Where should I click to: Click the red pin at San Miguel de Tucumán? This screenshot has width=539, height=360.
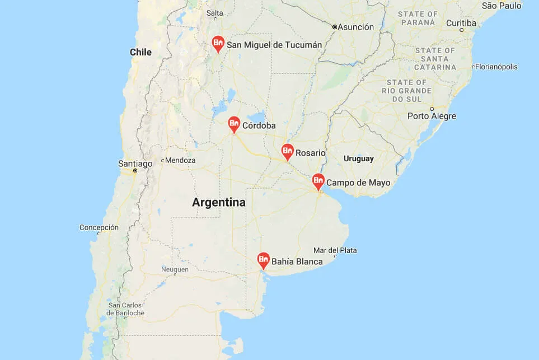coord(218,43)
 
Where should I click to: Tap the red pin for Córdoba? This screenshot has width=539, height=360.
coord(235,124)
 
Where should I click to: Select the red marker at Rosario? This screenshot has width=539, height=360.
coord(287,151)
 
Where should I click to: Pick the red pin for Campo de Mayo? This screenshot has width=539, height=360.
coord(318,181)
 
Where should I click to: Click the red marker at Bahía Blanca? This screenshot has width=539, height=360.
coord(264,260)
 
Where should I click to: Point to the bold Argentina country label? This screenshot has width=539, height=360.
coord(218,203)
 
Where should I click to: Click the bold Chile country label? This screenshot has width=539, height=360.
coord(140,52)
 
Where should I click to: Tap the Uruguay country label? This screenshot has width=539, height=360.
coord(358,158)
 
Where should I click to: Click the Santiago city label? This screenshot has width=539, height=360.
coord(135,163)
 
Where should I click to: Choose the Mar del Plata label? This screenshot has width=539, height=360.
coord(335,250)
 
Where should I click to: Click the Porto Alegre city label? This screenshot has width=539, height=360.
coord(432,116)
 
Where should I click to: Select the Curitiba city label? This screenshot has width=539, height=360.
coord(461,24)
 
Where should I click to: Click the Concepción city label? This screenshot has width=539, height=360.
coord(99,227)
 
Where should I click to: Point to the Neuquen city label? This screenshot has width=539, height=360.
coord(175,269)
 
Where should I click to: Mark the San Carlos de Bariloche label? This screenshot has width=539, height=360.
coord(126,309)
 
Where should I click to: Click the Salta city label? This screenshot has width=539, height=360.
coord(214,13)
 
